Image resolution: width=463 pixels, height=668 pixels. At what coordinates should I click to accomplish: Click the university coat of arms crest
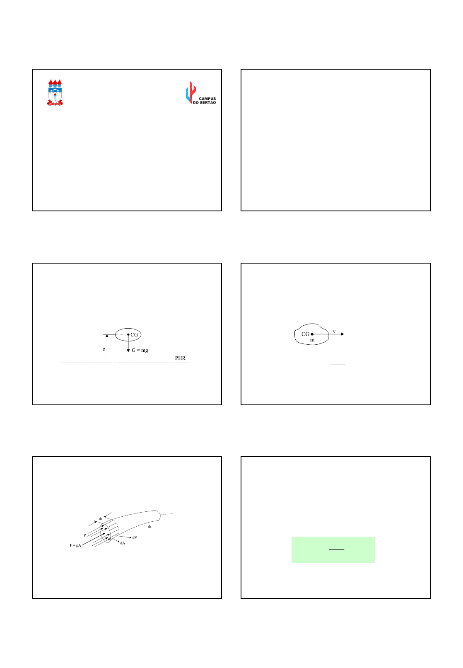tap(55, 92)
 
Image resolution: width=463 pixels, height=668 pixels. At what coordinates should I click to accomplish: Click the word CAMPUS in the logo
tap(207, 99)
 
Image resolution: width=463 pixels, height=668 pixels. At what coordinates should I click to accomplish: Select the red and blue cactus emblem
tap(191, 92)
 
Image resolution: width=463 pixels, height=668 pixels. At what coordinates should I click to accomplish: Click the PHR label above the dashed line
tap(180, 358)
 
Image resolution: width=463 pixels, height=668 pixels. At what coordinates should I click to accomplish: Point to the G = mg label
tap(140, 350)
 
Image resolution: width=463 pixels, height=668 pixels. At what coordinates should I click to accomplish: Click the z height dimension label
tap(104, 349)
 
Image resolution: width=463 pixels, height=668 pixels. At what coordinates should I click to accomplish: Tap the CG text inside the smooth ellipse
tap(134, 334)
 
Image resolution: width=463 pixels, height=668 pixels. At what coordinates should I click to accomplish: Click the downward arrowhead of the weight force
tap(128, 351)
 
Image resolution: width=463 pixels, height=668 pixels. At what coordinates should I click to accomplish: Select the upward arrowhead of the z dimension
tap(107, 336)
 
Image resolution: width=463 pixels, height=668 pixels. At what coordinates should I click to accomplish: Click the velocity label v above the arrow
tap(334, 332)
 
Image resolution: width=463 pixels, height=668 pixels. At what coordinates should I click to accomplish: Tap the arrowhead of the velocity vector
tap(342, 334)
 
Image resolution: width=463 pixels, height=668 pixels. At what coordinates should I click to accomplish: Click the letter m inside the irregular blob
tap(312, 340)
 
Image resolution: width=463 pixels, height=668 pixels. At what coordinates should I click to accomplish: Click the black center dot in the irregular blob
tap(312, 334)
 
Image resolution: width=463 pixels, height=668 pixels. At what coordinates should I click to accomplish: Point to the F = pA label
tap(75, 545)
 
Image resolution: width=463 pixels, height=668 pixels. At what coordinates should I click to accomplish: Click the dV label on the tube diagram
tap(135, 537)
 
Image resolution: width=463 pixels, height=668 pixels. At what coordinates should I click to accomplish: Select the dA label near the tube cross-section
tap(123, 543)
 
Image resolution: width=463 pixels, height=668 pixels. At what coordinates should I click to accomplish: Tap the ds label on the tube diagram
tap(100, 519)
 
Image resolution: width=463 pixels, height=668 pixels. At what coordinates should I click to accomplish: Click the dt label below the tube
tap(150, 527)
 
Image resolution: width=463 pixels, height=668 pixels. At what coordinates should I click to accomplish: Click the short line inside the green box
tap(336, 549)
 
